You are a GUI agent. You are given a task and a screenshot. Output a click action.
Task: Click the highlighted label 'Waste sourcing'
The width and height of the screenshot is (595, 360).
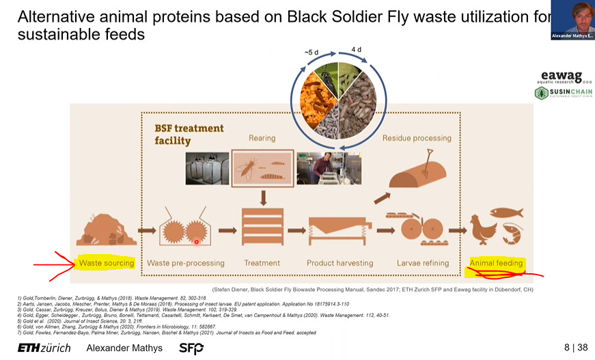coord(107,263)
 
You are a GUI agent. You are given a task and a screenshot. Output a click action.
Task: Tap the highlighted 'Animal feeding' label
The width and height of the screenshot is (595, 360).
coord(496,263)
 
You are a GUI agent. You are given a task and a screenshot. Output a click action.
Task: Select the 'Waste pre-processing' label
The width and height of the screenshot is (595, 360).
coord(185,263)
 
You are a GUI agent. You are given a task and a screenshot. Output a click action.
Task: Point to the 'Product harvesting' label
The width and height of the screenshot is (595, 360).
coord(340,263)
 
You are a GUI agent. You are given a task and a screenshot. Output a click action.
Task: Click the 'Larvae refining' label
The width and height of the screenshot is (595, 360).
coord(423,263)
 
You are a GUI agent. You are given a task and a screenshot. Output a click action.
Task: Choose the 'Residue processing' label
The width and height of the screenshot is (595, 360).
coord(417,138)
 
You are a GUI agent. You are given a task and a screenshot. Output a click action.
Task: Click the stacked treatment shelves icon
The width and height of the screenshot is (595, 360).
coord(263,227)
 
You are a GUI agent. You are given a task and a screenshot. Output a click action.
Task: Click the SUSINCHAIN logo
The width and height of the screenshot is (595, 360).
coord(563,94)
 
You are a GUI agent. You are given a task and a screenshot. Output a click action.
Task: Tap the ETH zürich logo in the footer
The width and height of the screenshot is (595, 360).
coord(44,348)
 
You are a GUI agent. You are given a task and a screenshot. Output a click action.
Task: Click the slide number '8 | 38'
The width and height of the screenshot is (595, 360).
coord(576,347)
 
